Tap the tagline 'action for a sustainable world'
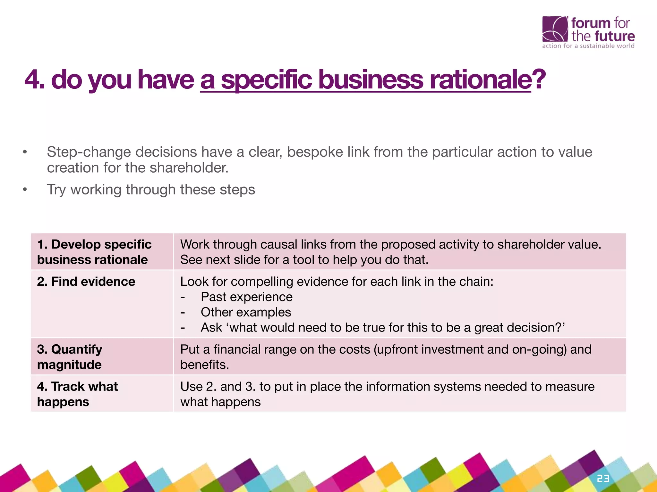point(588,46)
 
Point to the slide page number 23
point(603,479)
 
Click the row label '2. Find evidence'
point(86,282)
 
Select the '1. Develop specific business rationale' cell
point(94,252)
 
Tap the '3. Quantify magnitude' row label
point(70,357)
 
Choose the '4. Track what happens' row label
point(77,394)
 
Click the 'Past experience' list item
point(246,297)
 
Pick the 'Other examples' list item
point(246,312)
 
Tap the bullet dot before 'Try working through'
point(25,190)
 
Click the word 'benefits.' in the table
point(204,365)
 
